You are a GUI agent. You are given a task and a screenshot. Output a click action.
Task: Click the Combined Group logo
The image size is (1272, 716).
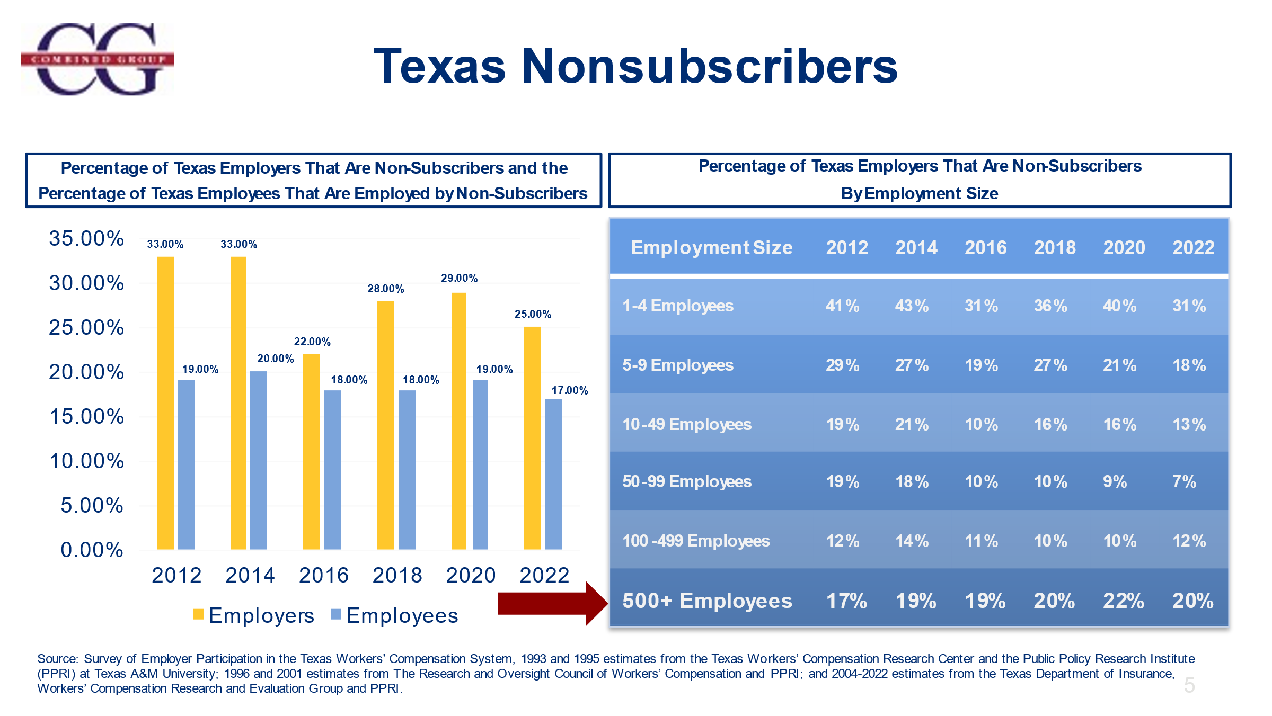tap(98, 59)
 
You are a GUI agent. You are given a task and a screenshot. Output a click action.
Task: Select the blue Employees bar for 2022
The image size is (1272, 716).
tap(553, 473)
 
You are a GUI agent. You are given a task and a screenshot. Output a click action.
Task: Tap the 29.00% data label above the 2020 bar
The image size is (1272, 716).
tap(459, 278)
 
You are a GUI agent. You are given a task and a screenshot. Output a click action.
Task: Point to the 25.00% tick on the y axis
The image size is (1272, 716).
tap(86, 327)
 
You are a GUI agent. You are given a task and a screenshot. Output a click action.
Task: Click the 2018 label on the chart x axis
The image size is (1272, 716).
tap(397, 575)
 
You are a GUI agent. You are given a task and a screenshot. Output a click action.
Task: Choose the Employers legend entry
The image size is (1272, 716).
tap(254, 615)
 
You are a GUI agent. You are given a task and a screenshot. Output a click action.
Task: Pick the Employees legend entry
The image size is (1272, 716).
tap(394, 615)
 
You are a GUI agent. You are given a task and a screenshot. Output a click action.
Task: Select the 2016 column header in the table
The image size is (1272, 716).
tap(985, 247)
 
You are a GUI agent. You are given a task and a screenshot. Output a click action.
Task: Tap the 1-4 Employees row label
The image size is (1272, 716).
tap(677, 306)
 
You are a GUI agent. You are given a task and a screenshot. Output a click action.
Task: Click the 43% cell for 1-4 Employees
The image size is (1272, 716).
tap(912, 306)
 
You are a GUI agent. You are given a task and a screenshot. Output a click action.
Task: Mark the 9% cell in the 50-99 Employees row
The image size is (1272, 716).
tap(1115, 481)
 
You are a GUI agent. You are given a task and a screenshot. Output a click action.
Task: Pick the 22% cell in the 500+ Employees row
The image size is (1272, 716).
tap(1123, 601)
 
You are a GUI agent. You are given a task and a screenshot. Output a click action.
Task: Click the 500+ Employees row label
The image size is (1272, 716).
tap(707, 601)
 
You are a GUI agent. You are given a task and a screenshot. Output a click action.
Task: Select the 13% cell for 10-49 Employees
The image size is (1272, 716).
tap(1189, 424)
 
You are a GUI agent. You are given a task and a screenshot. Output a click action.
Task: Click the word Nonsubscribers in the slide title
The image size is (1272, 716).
tap(709, 66)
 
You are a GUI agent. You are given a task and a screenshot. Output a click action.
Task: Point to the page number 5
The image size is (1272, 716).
tap(1189, 685)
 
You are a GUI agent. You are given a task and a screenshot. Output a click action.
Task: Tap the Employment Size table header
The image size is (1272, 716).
tap(711, 247)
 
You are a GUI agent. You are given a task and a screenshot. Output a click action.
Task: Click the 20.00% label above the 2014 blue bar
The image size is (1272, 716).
tap(275, 359)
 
